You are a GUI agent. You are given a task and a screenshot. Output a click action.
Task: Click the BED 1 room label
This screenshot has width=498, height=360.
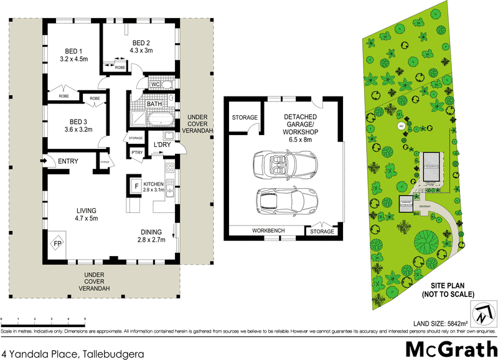74,51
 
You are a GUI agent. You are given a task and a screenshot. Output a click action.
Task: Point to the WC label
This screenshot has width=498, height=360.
156,84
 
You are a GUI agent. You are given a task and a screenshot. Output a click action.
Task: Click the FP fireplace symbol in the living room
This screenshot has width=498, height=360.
57,242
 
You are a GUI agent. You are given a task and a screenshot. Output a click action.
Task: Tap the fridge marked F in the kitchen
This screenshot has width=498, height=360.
135,186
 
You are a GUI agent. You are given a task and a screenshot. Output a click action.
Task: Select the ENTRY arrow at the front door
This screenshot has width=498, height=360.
45,161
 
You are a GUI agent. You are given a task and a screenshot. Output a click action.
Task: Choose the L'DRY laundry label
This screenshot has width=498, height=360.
162,145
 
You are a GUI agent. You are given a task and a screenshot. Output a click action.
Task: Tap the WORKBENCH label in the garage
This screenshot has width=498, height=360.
268,231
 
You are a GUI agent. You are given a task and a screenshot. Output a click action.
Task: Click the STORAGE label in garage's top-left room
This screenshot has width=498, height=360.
245,118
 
